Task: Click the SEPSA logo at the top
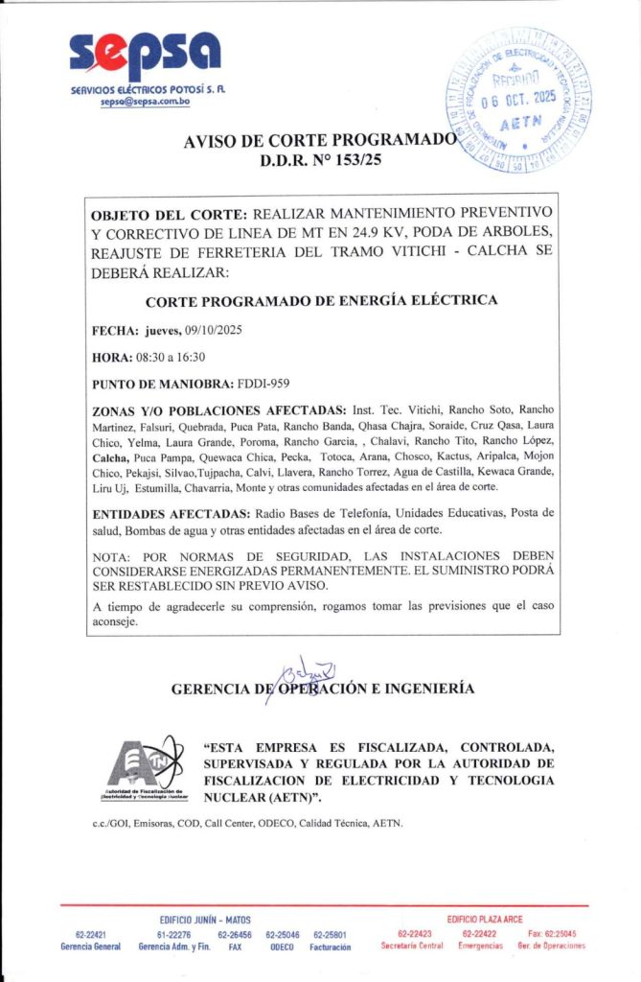click(x=145, y=57)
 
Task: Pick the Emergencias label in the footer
click(x=480, y=947)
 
